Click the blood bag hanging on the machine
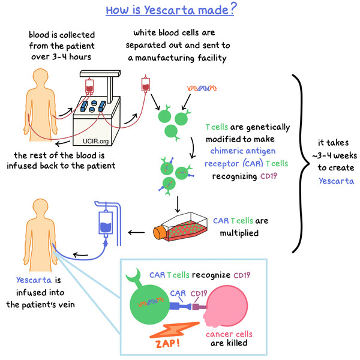tap(91, 88)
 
